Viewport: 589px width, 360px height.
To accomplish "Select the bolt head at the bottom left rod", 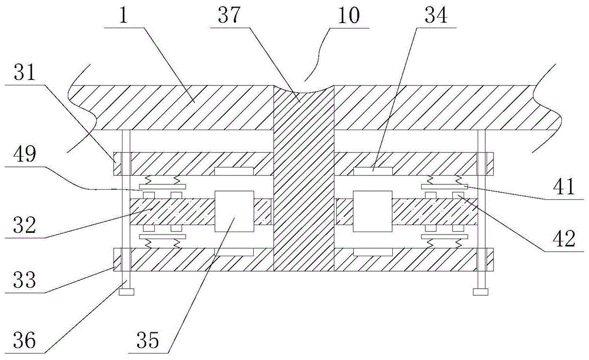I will (x=125, y=291).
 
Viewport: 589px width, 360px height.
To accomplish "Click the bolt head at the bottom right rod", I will (x=481, y=291).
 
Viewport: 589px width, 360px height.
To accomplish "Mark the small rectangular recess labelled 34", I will (x=373, y=171).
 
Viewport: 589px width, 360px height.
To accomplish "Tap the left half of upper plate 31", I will (x=194, y=163).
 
